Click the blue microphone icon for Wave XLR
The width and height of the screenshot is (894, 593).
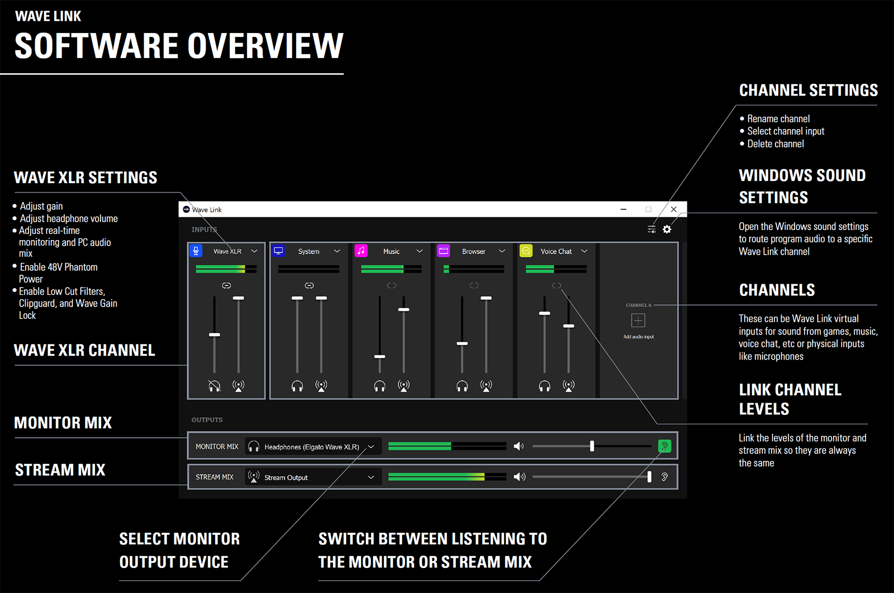(196, 251)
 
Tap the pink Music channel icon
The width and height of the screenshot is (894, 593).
(361, 251)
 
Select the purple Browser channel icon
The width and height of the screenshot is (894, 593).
(444, 251)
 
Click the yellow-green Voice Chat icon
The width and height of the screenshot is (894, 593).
(526, 251)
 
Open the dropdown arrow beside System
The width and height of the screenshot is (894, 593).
(337, 251)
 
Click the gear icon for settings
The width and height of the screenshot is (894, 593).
(667, 229)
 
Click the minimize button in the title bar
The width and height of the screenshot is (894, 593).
(624, 209)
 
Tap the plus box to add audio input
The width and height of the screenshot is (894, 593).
(638, 320)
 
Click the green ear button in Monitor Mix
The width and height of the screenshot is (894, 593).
(664, 446)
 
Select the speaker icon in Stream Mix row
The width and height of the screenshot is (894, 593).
(519, 476)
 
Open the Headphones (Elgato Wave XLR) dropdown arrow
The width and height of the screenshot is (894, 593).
(371, 447)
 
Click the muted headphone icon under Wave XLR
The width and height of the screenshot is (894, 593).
(215, 386)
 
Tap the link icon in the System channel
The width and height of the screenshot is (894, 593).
(309, 285)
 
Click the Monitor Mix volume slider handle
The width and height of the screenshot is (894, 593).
(592, 446)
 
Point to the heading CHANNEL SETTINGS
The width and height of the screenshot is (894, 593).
(808, 90)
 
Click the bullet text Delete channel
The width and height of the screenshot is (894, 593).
(776, 144)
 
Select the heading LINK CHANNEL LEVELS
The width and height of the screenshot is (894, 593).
(790, 399)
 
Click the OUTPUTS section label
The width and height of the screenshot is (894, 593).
(207, 420)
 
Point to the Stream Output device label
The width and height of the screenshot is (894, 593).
(286, 477)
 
